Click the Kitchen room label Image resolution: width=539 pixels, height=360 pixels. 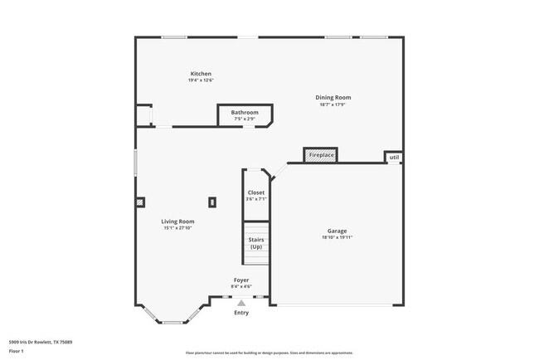tap(201, 74)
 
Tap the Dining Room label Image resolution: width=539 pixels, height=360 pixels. tap(332, 98)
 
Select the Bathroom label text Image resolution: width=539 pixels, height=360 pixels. tap(245, 112)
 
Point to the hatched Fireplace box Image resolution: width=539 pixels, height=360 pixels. tap(321, 155)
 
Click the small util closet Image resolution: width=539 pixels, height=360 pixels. tap(394, 157)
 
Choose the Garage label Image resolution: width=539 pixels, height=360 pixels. tap(337, 231)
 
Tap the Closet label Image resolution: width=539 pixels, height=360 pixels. tap(256, 192)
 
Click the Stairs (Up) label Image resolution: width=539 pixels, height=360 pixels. tap(256, 244)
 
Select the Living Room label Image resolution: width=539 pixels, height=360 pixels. tap(177, 221)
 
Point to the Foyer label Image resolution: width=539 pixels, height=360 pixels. tap(241, 280)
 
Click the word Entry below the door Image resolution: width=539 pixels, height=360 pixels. tap(241, 313)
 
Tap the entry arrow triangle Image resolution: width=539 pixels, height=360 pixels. tap(241, 304)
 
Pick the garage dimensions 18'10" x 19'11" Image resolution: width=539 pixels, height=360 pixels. tap(337, 237)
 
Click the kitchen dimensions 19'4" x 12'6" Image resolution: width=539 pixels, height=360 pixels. tap(201, 80)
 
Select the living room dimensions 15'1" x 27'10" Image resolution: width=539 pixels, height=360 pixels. tap(177, 228)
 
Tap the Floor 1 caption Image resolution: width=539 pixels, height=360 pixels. tap(17, 351)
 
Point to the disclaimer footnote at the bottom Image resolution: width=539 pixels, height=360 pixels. tap(269, 353)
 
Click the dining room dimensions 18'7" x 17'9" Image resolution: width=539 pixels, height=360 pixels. tap(332, 105)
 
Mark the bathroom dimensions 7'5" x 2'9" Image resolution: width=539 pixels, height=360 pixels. tap(244, 119)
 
